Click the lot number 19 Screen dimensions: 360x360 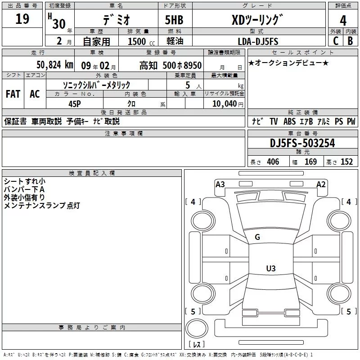tap(22, 19)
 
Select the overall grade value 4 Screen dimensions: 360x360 tap(343, 21)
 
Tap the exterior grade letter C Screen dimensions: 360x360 tap(336, 41)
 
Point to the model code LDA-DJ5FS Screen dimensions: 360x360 tap(258, 41)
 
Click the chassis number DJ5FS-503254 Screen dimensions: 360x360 tap(303, 143)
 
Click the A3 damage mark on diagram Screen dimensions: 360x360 tap(220, 184)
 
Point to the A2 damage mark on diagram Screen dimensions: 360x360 tap(321, 184)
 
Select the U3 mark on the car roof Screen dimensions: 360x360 tap(270, 268)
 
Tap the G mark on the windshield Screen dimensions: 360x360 tap(257, 237)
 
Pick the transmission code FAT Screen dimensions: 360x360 tap(13, 94)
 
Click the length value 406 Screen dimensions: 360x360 tap(273, 162)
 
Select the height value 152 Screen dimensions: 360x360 tap(347, 162)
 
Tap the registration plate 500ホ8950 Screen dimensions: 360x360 tap(182, 65)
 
